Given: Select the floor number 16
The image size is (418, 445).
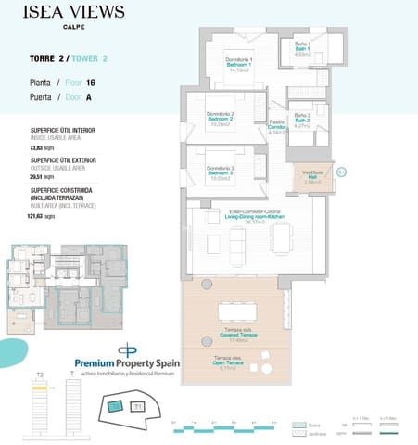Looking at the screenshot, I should pyautogui.click(x=91, y=83).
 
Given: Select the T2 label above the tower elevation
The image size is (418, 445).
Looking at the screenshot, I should pyautogui.click(x=39, y=375).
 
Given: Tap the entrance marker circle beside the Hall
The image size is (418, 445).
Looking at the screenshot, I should pyautogui.click(x=340, y=172).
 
